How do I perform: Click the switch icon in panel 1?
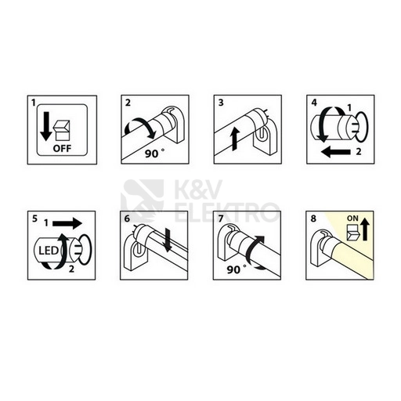(x=60, y=126)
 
